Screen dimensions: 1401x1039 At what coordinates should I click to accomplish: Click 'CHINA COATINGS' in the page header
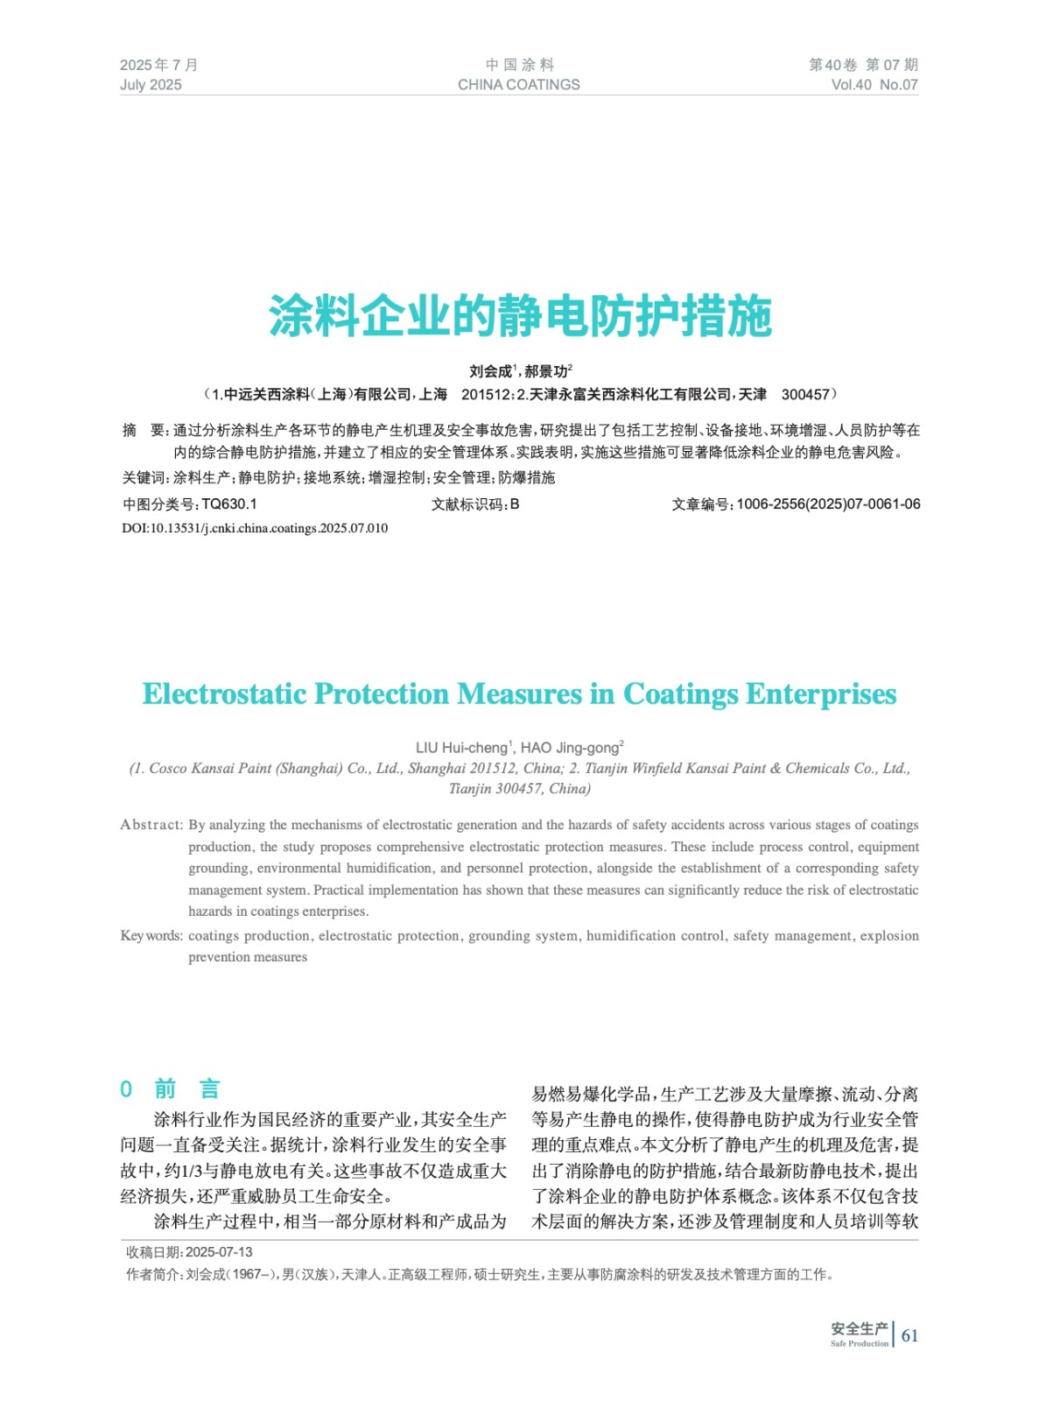pyautogui.click(x=518, y=85)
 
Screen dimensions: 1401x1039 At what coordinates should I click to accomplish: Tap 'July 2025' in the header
pyautogui.click(x=151, y=85)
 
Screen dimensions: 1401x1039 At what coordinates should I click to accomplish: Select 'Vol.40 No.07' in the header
pyautogui.click(x=874, y=85)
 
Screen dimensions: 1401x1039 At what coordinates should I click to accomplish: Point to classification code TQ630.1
pyautogui.click(x=229, y=504)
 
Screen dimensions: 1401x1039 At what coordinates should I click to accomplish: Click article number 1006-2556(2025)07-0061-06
pyautogui.click(x=827, y=504)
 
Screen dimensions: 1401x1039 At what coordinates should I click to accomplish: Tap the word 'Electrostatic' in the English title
pyautogui.click(x=224, y=694)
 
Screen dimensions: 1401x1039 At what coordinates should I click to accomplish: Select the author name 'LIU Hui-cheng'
pyautogui.click(x=461, y=748)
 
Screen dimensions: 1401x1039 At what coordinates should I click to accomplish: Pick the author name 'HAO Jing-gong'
pyautogui.click(x=570, y=748)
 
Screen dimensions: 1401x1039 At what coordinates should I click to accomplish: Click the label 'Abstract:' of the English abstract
pyautogui.click(x=151, y=825)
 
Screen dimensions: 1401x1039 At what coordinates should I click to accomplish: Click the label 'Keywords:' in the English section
pyautogui.click(x=151, y=936)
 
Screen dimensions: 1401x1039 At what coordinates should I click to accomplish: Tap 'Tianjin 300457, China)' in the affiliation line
pyautogui.click(x=519, y=789)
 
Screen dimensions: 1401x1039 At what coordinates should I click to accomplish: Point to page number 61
pyautogui.click(x=909, y=1335)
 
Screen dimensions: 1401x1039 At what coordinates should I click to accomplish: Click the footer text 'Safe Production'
pyautogui.click(x=859, y=1343)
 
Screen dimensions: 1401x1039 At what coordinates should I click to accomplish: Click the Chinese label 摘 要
pyautogui.click(x=144, y=431)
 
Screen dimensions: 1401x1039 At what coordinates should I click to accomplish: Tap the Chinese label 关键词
pyautogui.click(x=144, y=477)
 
